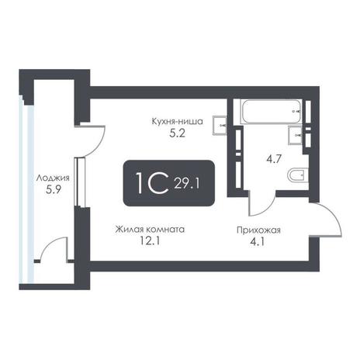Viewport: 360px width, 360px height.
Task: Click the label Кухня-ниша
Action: click(x=177, y=121)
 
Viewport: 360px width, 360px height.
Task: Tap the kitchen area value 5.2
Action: click(x=177, y=133)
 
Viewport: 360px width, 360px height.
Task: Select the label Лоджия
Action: click(x=53, y=178)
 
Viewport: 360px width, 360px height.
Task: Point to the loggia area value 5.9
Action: click(x=53, y=190)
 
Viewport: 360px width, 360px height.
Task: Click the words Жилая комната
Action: click(x=150, y=230)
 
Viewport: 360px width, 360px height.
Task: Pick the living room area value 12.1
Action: click(x=150, y=241)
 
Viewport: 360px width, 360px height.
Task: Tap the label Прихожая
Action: click(x=258, y=230)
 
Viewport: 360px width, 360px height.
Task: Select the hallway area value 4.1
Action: click(x=258, y=242)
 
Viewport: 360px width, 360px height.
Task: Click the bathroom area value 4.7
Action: click(x=274, y=159)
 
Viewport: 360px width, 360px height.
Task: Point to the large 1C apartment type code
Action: click(x=152, y=183)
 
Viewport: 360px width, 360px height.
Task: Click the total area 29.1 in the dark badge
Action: click(x=187, y=184)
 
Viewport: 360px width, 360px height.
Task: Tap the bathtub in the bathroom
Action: click(x=272, y=112)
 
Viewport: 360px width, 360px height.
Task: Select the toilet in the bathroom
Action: click(x=298, y=175)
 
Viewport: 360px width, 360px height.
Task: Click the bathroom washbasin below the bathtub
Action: click(x=296, y=134)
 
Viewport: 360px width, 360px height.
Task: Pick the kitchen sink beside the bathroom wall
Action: click(x=220, y=126)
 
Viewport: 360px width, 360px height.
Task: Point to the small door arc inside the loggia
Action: click(x=49, y=244)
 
